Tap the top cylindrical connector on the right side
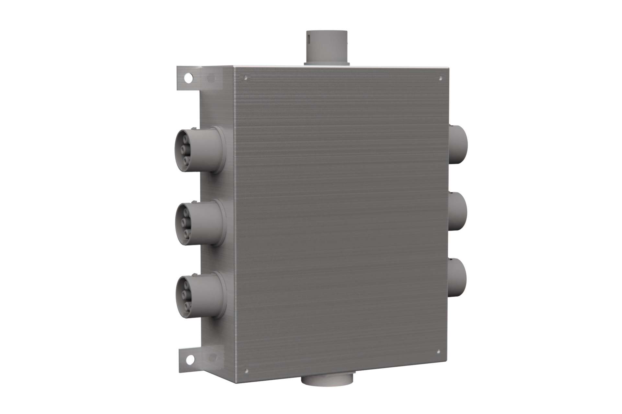click(458, 144)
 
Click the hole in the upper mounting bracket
click(188, 78)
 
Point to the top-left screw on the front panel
click(246, 78)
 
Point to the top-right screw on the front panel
click(441, 78)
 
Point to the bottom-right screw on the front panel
click(438, 352)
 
